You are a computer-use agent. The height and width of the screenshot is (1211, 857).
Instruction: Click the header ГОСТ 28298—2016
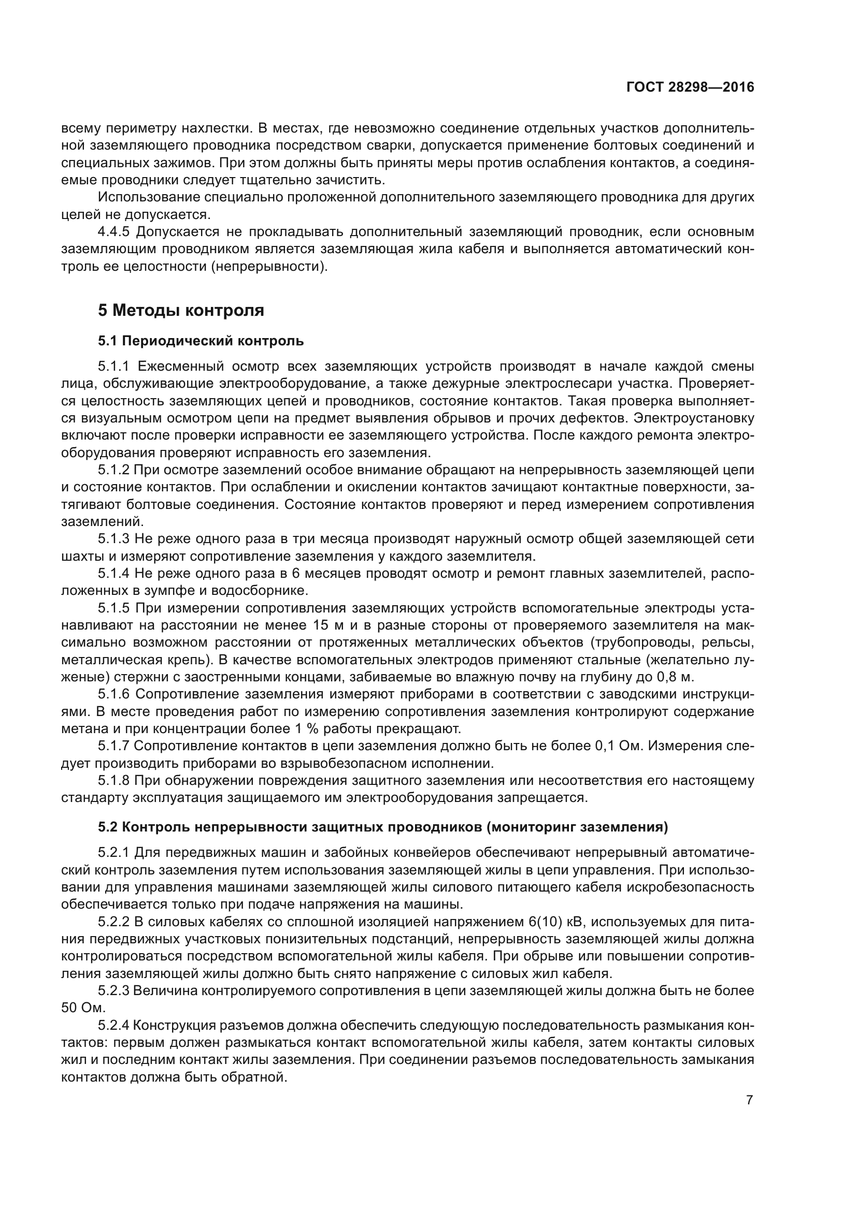click(690, 87)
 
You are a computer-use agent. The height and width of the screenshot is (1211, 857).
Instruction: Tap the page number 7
click(749, 1100)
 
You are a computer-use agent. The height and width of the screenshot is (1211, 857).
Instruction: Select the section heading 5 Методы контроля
click(180, 310)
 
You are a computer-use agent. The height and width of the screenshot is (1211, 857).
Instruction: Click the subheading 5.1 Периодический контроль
click(201, 341)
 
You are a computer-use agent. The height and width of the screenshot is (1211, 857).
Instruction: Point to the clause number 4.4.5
click(113, 231)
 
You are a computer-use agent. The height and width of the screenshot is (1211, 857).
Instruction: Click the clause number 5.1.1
click(113, 366)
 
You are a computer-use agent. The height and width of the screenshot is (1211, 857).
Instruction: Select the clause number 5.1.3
click(113, 538)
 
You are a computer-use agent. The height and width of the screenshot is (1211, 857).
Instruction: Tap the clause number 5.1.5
click(113, 608)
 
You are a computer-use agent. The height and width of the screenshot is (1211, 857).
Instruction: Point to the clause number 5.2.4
click(113, 1025)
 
